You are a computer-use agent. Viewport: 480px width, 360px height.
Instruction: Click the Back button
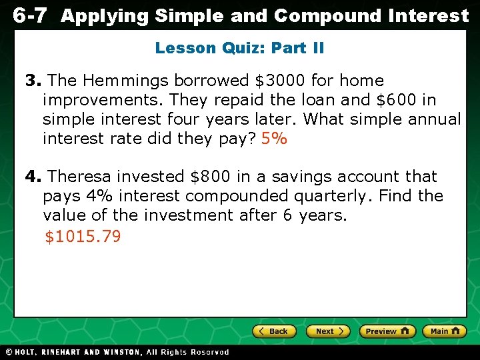click(x=274, y=331)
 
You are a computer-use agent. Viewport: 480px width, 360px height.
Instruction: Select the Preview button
click(x=387, y=331)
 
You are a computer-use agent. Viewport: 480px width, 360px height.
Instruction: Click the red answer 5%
click(x=274, y=139)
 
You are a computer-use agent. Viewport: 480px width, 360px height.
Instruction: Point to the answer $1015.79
click(x=83, y=237)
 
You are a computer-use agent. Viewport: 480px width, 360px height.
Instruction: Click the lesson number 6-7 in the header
click(x=30, y=16)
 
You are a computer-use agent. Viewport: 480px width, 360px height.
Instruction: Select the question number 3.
click(x=33, y=81)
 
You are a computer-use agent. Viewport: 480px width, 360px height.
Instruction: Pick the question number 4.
click(x=33, y=177)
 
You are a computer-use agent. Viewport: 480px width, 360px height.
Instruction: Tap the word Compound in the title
click(x=327, y=16)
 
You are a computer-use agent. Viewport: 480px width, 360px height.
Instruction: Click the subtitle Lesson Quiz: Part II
click(x=239, y=48)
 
